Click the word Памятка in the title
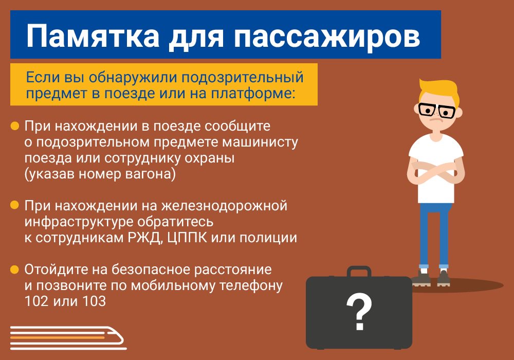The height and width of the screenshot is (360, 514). click(93, 35)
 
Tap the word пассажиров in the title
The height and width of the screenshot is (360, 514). click(326, 36)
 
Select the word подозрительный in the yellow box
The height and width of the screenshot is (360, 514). click(242, 78)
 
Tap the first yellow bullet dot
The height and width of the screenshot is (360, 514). click(15, 125)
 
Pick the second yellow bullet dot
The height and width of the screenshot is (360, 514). click(15, 205)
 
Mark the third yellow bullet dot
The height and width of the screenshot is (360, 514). click(15, 269)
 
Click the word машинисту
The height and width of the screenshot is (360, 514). click(260, 142)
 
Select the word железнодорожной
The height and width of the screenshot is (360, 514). click(224, 206)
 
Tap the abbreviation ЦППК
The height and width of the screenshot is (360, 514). click(187, 238)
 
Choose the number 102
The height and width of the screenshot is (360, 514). click(36, 301)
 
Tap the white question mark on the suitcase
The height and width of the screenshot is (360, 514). click(359, 312)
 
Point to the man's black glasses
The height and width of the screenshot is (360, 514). click(437, 111)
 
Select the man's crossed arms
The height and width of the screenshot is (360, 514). click(436, 171)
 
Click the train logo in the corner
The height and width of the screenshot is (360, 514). click(68, 338)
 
